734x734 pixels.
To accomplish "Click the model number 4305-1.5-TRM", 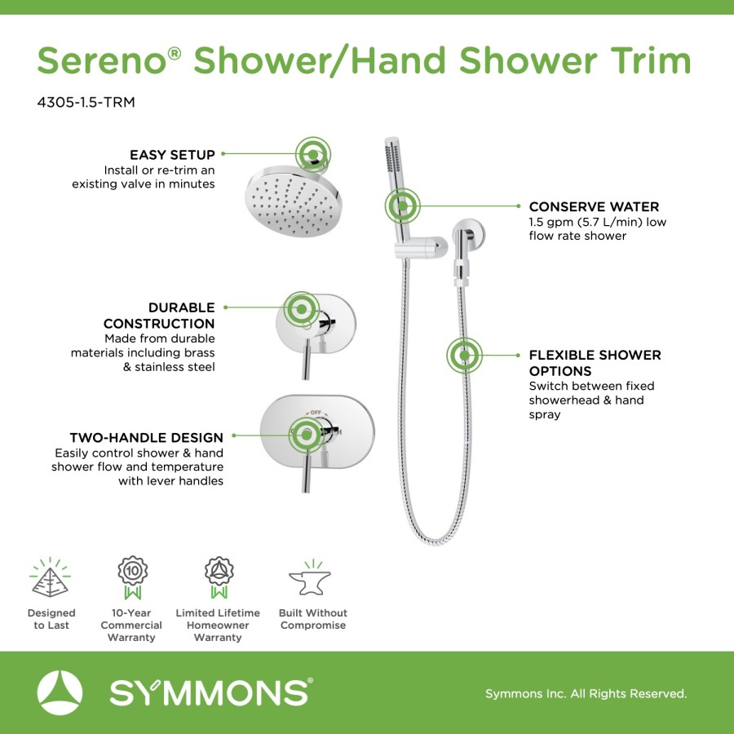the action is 86,102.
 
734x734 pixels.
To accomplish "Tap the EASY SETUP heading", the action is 172,154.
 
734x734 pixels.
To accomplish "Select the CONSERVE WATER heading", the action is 594,206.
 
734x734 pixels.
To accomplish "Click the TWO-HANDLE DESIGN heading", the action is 147,438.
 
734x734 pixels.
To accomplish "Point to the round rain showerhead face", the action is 294,201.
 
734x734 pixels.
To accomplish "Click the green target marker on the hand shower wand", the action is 403,206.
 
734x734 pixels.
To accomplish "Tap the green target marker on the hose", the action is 464,356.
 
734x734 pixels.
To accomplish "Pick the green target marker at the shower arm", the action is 312,154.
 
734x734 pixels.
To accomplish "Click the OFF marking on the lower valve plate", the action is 316,413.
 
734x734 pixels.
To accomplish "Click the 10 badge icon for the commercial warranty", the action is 132,577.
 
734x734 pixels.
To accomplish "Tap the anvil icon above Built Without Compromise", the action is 310,579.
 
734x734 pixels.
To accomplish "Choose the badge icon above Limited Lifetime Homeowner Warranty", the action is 219,577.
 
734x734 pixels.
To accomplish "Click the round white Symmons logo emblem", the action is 60,693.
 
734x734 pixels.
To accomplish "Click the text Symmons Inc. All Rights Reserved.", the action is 586,693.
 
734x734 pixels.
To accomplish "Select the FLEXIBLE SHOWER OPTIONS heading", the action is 595,363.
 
